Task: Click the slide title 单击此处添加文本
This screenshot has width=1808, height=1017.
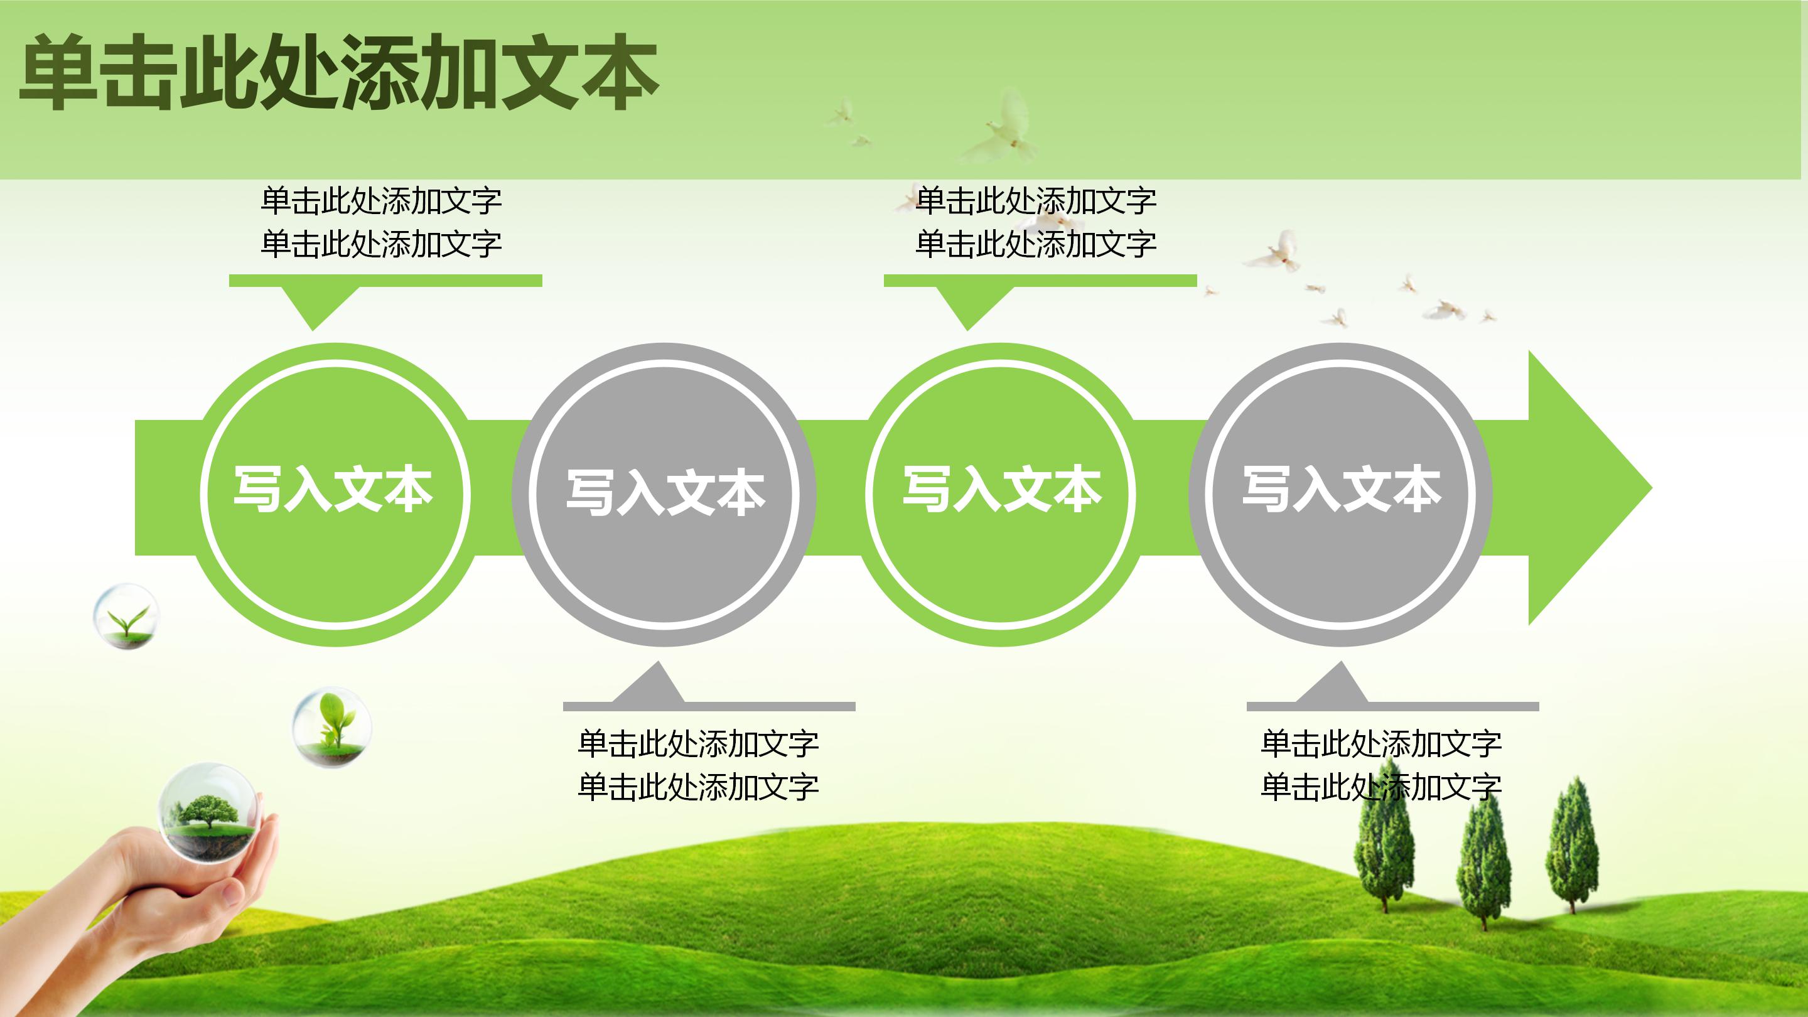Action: pyautogui.click(x=338, y=73)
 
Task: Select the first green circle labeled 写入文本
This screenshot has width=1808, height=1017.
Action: pyautogui.click(x=334, y=493)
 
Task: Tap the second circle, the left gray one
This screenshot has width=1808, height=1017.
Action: pyautogui.click(x=664, y=493)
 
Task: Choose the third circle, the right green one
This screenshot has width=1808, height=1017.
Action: pyautogui.click(x=1001, y=493)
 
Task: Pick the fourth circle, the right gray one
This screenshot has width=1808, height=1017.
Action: pyautogui.click(x=1340, y=493)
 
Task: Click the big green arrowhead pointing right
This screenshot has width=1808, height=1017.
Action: pyautogui.click(x=1586, y=488)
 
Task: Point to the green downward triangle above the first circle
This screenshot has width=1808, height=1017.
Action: pyautogui.click(x=313, y=306)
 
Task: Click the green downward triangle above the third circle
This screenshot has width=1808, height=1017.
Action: pyautogui.click(x=967, y=306)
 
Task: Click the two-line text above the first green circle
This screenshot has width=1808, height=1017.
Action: pyautogui.click(x=381, y=222)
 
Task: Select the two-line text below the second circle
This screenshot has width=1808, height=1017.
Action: pyautogui.click(x=697, y=765)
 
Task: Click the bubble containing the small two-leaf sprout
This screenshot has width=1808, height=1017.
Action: pyautogui.click(x=126, y=615)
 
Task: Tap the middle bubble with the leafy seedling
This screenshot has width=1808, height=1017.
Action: pyautogui.click(x=331, y=726)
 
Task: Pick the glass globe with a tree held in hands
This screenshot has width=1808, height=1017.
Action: pyautogui.click(x=208, y=810)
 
